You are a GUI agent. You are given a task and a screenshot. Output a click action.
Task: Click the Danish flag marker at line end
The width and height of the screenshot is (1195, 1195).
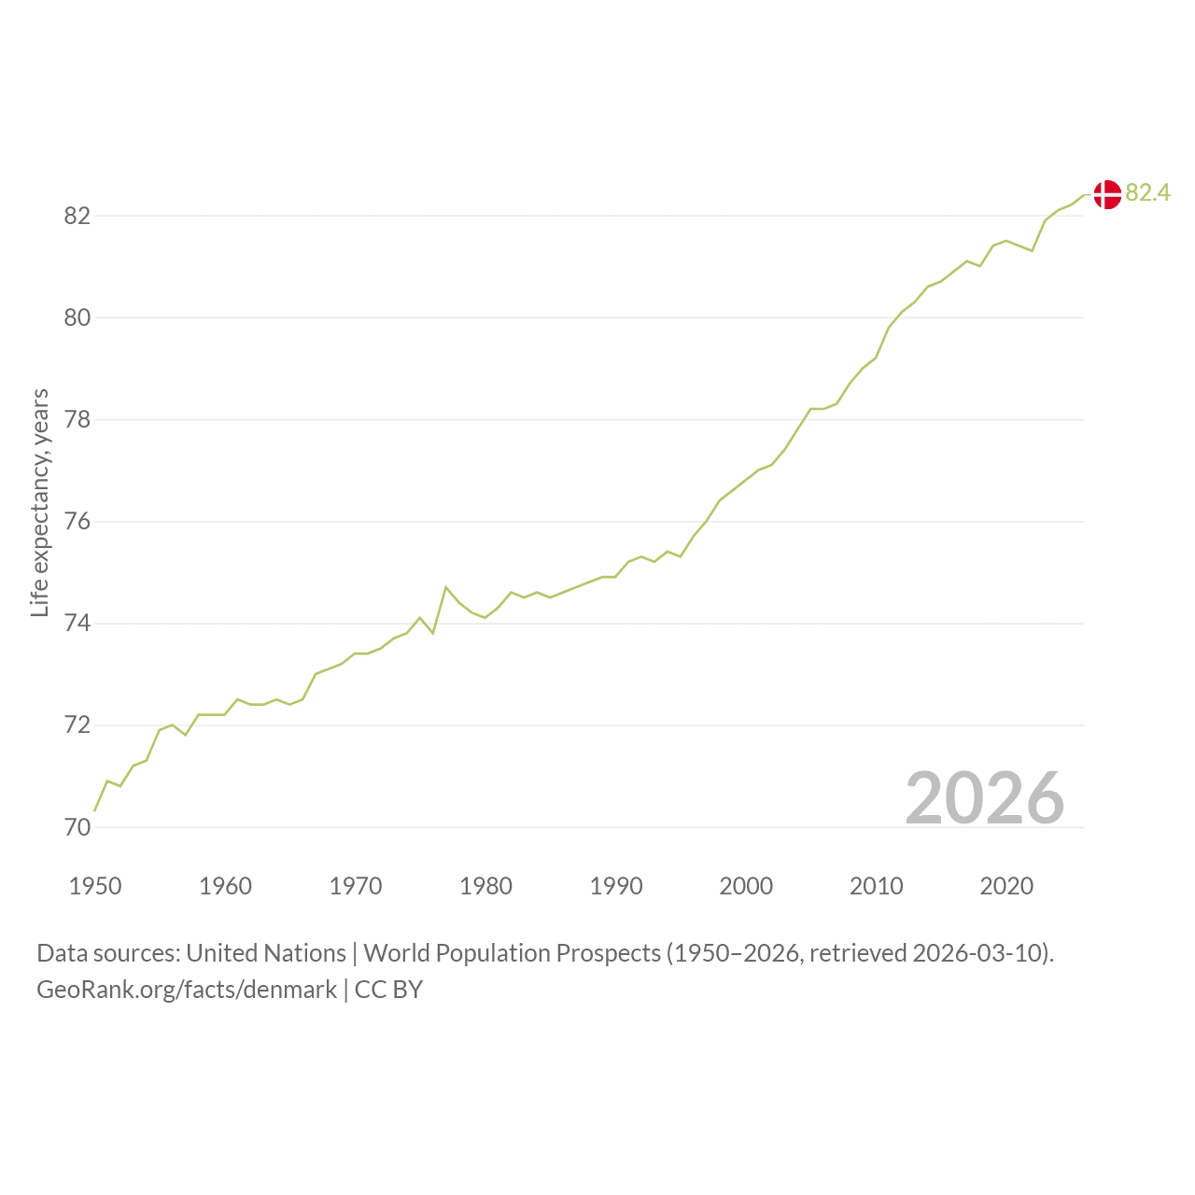click(x=1107, y=195)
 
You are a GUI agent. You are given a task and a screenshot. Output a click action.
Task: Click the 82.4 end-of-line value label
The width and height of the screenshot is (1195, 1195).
click(x=1148, y=193)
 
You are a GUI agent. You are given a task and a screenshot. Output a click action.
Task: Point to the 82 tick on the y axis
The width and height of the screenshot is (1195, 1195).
click(x=77, y=216)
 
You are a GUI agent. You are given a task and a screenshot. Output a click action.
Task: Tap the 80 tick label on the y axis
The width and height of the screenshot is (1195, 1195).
click(x=77, y=317)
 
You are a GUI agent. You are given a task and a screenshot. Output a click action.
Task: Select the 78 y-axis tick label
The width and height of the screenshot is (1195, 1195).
click(x=77, y=420)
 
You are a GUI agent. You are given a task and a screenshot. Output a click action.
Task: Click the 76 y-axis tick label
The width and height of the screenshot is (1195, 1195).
click(x=77, y=522)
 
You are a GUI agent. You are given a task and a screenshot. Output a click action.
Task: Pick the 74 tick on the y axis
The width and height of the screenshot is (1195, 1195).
click(x=77, y=624)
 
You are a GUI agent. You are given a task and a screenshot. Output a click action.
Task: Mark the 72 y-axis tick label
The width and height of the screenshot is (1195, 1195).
click(x=77, y=725)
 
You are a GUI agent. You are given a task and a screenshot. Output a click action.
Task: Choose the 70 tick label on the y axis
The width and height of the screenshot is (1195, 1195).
click(x=77, y=827)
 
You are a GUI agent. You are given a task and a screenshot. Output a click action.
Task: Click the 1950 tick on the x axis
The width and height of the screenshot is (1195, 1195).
click(x=95, y=886)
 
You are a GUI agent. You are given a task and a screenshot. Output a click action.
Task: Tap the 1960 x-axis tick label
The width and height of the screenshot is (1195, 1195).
click(x=225, y=886)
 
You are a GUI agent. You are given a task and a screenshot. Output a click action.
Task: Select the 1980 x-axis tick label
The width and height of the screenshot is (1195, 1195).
click(x=485, y=886)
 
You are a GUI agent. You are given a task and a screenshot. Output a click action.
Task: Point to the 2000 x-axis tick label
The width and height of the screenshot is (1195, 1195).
click(x=746, y=886)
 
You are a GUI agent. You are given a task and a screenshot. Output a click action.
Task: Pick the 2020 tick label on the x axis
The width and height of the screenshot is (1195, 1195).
click(x=1006, y=886)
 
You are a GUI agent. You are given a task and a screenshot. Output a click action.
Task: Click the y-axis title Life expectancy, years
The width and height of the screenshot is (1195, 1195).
click(x=40, y=503)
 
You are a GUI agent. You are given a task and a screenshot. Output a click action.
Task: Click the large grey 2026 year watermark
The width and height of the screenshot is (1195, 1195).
click(x=985, y=798)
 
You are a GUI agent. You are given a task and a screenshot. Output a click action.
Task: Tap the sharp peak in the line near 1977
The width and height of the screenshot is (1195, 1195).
click(x=446, y=586)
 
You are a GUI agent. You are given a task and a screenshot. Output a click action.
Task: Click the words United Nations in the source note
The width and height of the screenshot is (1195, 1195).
click(x=266, y=953)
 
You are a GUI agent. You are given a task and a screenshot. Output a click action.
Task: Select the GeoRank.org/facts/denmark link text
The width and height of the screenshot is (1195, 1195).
click(x=187, y=990)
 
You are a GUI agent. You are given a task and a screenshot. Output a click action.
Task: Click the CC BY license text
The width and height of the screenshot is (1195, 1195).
click(x=388, y=990)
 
